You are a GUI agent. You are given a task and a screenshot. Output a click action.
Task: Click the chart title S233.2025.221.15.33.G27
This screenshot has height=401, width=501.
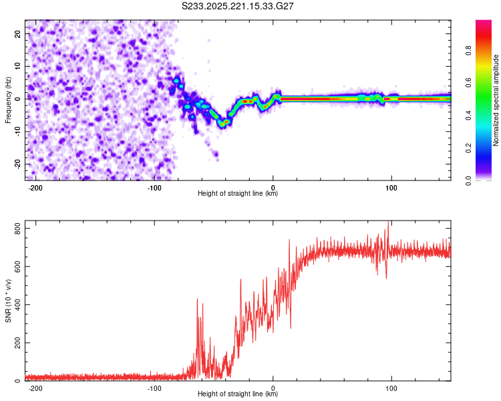coord(239,6)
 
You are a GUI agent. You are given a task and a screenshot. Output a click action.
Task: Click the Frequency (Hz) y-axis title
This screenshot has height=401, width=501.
coord(9,100)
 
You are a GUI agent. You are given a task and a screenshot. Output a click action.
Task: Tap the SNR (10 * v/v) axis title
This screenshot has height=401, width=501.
coord(9,301)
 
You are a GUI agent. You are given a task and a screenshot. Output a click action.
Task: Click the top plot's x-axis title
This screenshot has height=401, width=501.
coord(238,193)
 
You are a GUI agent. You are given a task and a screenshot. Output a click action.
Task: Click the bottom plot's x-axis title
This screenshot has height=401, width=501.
coord(238,394)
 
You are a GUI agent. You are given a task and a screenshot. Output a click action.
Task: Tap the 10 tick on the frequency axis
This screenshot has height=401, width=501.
coord(18,65)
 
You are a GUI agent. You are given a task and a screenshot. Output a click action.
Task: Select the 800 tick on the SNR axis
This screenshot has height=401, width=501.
coord(15,229)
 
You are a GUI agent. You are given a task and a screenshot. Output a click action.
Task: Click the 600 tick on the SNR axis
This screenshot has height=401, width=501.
coord(15,267)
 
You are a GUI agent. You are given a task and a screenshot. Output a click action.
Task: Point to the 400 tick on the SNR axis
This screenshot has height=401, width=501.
coord(15,305)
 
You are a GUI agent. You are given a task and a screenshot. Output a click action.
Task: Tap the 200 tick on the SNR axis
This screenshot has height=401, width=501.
coord(15,343)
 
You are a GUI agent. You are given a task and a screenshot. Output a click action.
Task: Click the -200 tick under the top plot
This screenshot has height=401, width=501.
coord(37,186)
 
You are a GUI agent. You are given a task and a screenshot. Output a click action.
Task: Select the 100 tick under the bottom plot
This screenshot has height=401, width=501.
coord(391,388)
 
